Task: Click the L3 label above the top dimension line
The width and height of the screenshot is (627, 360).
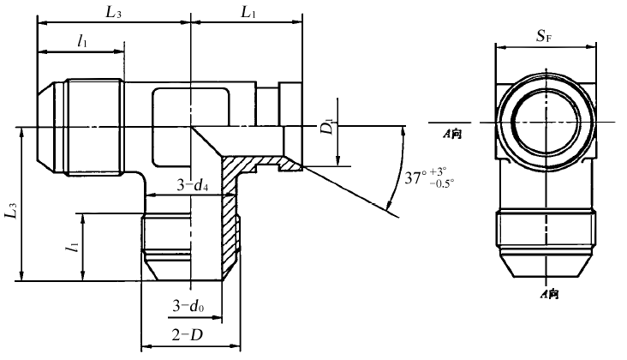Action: pos(113,14)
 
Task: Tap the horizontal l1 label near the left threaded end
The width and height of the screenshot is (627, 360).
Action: pos(82,39)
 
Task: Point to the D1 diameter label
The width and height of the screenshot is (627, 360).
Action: pos(328,126)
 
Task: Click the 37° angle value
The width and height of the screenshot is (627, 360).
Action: pos(416,178)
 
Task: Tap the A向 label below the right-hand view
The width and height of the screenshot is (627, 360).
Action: pos(549,294)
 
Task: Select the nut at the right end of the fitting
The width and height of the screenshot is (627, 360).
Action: pos(290,109)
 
